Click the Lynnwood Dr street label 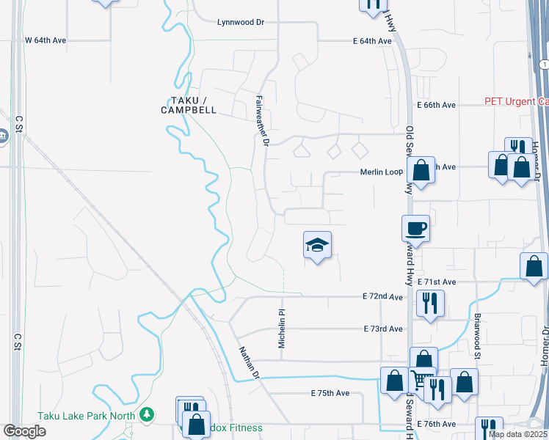point(240,22)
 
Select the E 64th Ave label point(371,41)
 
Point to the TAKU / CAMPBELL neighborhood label point(189,105)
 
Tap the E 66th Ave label point(437,105)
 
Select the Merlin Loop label point(381,172)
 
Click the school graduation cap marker point(318,246)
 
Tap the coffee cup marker point(416,229)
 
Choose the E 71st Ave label point(437,282)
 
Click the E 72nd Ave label point(382,296)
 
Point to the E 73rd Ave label point(382,329)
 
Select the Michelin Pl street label point(281,328)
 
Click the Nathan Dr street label point(249,362)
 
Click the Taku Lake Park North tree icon point(148,414)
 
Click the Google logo point(24,430)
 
